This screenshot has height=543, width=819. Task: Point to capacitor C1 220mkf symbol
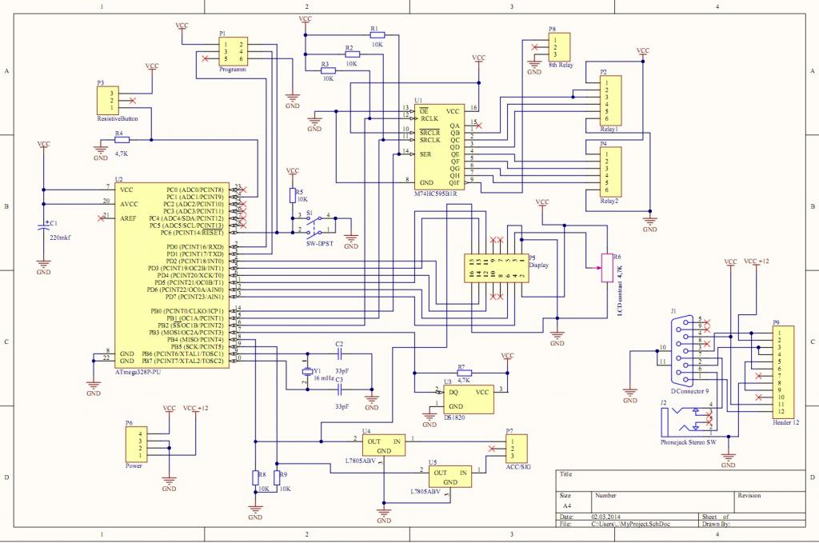click(x=44, y=229)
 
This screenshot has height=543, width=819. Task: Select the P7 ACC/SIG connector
click(x=517, y=449)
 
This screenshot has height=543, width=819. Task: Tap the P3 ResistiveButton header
click(x=107, y=101)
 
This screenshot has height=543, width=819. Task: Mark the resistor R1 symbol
click(x=377, y=35)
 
